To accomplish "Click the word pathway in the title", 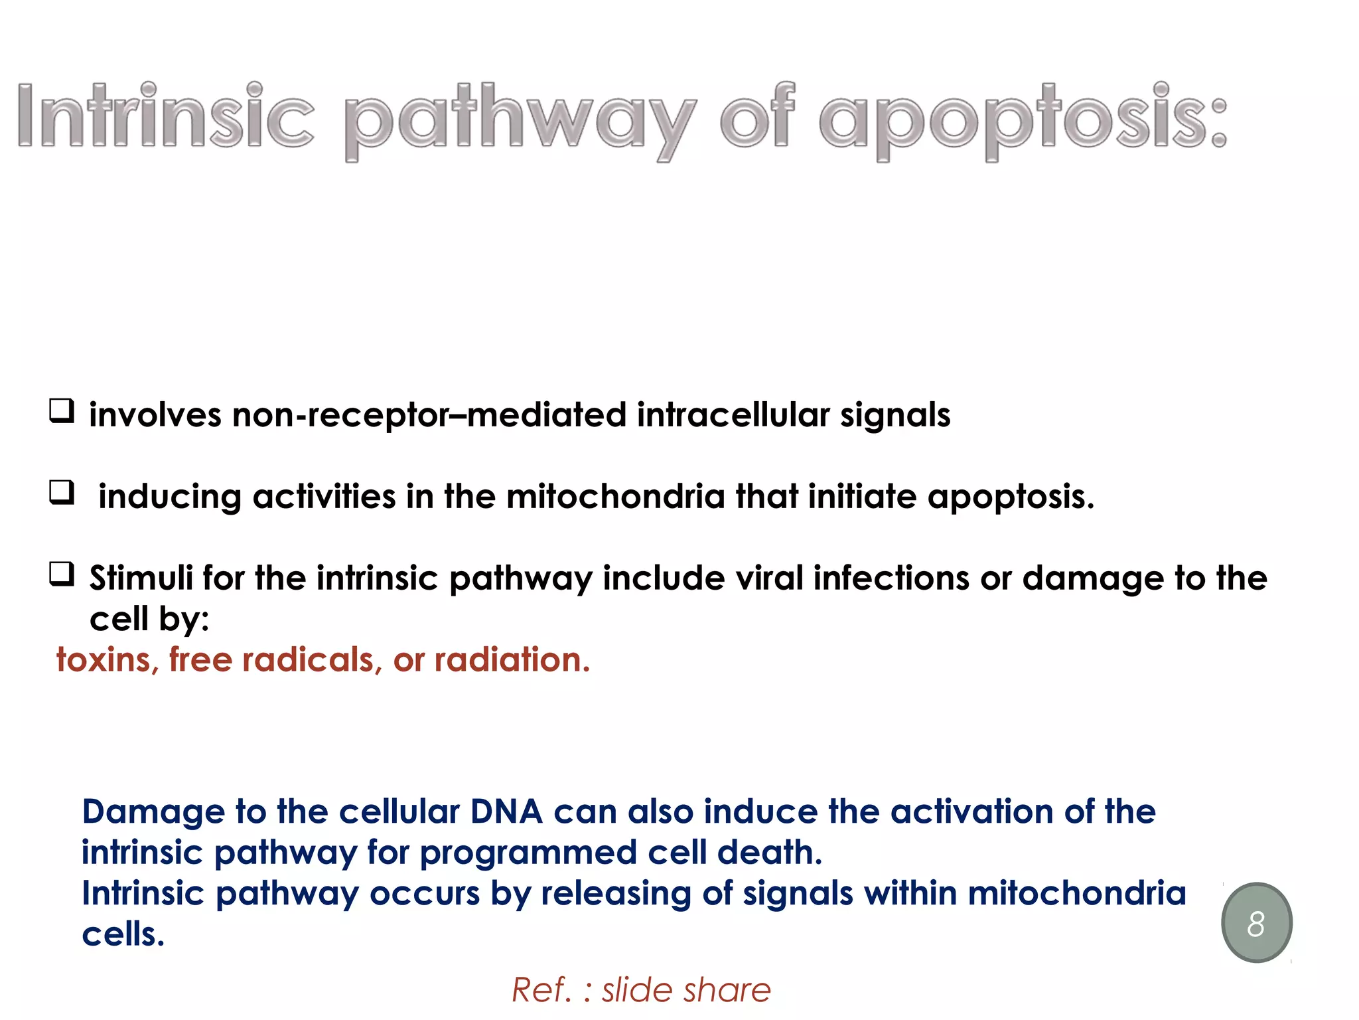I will [520, 120].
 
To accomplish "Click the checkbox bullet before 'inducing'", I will [62, 493].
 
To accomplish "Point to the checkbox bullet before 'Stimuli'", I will [62, 574].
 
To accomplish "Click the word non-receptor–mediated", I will [429, 415].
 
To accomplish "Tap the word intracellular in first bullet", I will [733, 415].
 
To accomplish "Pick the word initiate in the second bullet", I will [862, 497].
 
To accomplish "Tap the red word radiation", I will [512, 660].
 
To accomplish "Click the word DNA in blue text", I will [506, 811].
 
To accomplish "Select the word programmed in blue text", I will [528, 853].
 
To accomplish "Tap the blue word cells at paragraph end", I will [123, 934].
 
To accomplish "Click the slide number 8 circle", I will [1256, 923].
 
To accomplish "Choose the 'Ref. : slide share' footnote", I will [641, 990].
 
